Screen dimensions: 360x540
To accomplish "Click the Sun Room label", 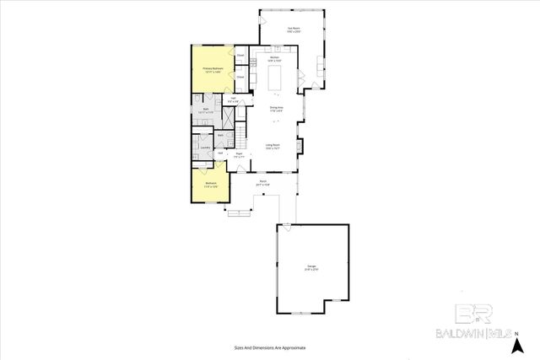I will (x=293, y=29).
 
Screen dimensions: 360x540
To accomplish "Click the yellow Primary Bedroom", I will (x=213, y=71).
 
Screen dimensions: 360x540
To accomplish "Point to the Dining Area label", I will (x=276, y=108).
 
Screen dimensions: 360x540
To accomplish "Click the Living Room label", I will (x=273, y=146).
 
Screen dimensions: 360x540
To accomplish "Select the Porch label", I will (x=263, y=182).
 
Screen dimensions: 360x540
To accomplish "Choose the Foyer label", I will (x=239, y=155).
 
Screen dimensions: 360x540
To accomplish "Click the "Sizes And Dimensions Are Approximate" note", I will (x=269, y=347).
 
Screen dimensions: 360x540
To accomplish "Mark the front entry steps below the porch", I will (x=240, y=212).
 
